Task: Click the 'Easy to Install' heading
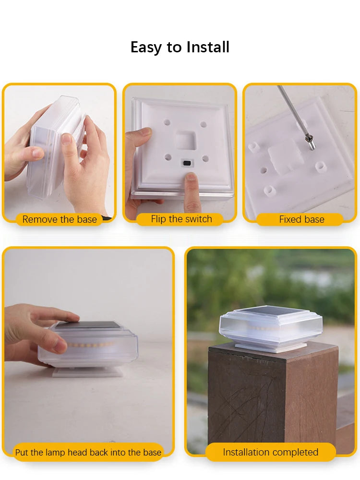coord(180,47)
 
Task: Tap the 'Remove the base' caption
coord(60,219)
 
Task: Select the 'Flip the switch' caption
coord(181,219)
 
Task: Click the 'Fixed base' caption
coord(301,219)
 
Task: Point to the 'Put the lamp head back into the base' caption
coord(88,452)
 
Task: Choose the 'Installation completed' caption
coord(270,452)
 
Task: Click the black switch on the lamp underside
coord(186,163)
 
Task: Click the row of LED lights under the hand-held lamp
coord(91,344)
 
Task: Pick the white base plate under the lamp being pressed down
coord(86,372)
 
